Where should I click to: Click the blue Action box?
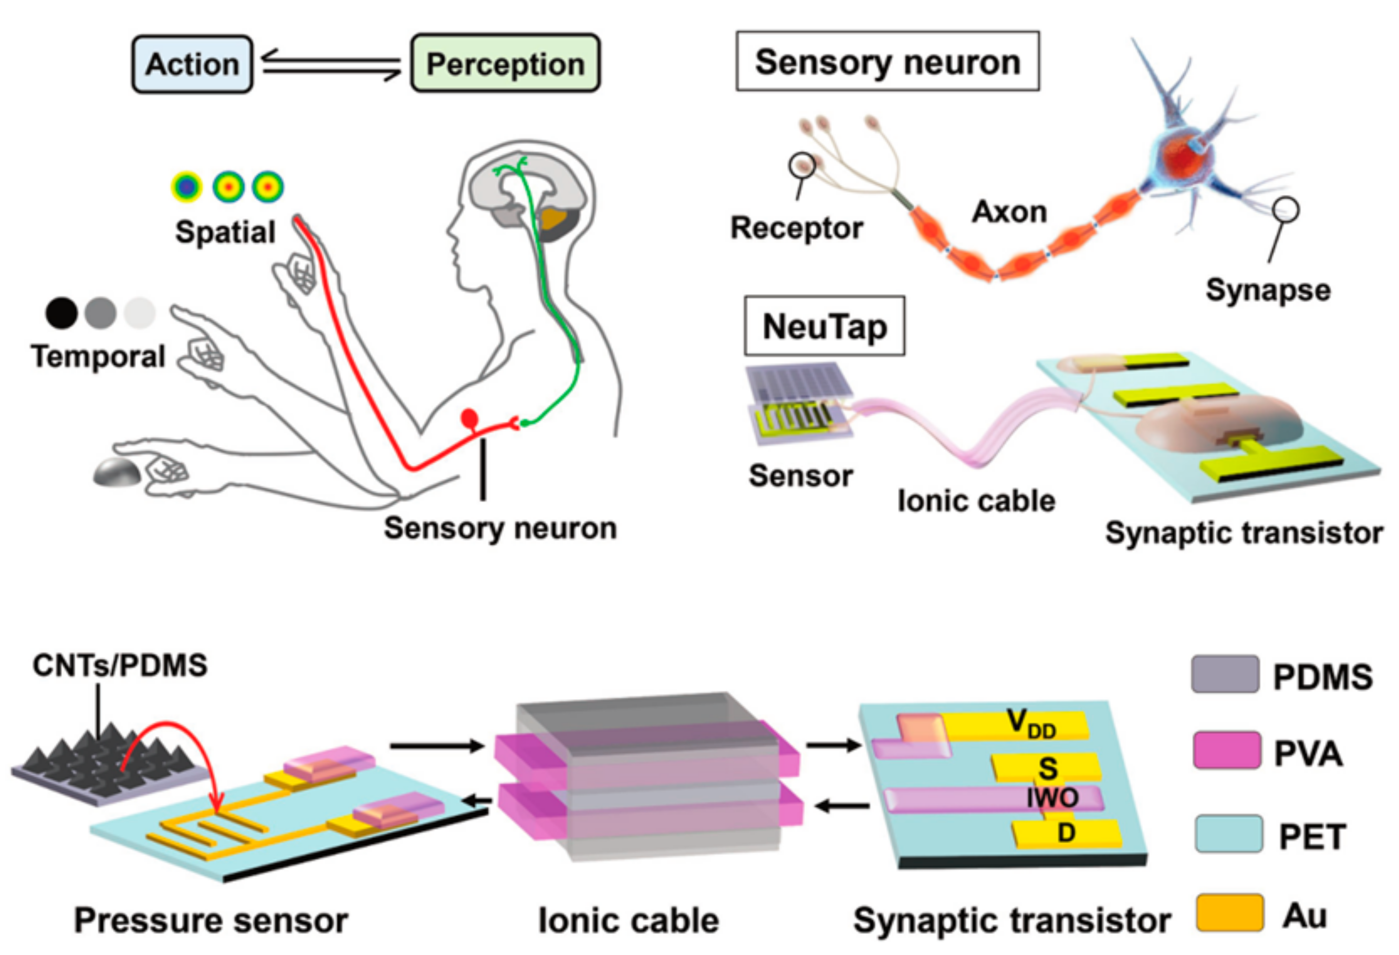click(x=192, y=64)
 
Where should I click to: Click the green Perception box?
click(x=505, y=64)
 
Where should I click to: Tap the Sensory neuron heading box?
click(x=888, y=61)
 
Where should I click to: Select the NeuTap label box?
click(x=824, y=326)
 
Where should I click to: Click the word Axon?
click(x=1009, y=212)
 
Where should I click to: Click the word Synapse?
click(x=1268, y=290)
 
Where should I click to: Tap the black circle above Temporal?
click(x=61, y=313)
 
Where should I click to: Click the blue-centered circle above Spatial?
click(x=186, y=186)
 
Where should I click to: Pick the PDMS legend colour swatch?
click(x=1225, y=674)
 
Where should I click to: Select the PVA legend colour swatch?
click(x=1226, y=750)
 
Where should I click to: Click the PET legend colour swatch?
click(x=1228, y=834)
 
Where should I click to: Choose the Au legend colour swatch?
click(x=1229, y=913)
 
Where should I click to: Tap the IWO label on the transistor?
click(x=1052, y=798)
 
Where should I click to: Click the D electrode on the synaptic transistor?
click(x=1066, y=833)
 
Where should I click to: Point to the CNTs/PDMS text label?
click(x=120, y=666)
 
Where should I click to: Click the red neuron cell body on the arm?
click(x=469, y=419)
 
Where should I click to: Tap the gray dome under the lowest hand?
click(x=118, y=473)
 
